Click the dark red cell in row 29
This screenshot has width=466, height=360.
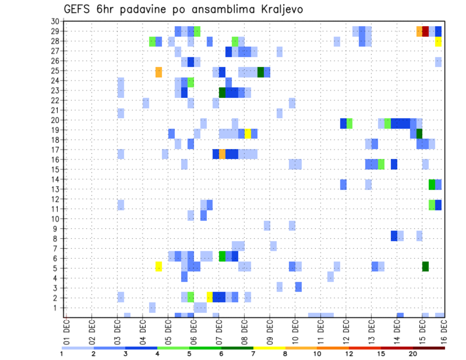coord(426,32)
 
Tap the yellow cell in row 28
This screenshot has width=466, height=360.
coord(438,42)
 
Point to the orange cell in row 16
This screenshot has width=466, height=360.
coord(222,154)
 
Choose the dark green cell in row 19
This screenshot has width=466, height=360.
coord(419,133)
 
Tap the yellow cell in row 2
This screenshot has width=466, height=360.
coord(210,296)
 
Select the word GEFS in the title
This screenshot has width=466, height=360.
coord(77,10)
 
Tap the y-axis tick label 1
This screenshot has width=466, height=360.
coord(57,308)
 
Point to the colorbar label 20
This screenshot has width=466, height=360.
coord(413,354)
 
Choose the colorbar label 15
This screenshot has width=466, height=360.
coord(382,354)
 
